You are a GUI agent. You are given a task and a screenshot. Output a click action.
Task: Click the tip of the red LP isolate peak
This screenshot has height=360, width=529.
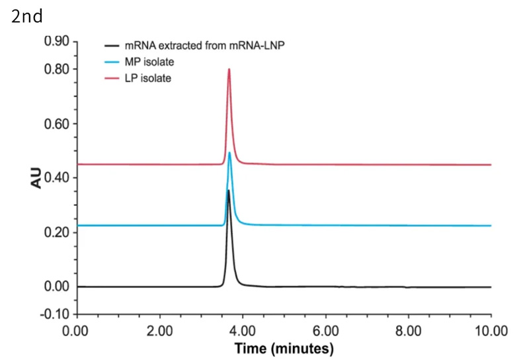(229, 69)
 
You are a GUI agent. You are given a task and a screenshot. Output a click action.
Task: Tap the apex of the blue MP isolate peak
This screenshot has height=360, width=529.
(229, 153)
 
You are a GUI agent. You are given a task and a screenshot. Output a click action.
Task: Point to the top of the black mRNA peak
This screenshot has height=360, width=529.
(228, 191)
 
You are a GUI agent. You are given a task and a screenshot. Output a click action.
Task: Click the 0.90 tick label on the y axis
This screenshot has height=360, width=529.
(57, 42)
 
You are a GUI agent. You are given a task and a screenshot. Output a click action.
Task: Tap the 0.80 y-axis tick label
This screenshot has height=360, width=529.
(57, 69)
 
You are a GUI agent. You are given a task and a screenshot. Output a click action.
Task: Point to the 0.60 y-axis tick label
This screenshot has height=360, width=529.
(57, 124)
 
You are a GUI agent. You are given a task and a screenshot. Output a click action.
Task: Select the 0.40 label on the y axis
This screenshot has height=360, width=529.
(57, 178)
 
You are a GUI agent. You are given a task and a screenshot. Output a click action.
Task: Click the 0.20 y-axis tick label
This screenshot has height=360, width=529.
(57, 232)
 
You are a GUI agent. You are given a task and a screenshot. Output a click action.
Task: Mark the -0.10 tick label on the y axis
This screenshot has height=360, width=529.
(56, 314)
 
